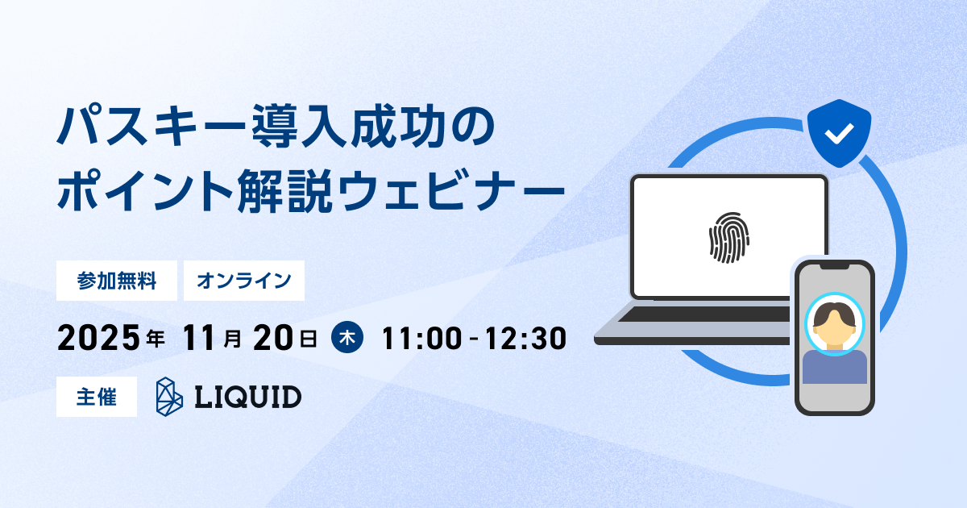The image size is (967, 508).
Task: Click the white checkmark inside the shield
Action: (839, 134)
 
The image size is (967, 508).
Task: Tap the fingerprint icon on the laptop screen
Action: (729, 238)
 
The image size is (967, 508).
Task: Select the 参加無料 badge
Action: (117, 281)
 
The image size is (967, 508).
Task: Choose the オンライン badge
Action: (244, 281)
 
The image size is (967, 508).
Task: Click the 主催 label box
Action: (97, 397)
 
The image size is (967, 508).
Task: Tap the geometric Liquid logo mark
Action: (169, 397)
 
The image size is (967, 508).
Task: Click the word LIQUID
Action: (248, 397)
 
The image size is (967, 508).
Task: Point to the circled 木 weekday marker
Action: (347, 337)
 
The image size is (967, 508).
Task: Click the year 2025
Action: (99, 338)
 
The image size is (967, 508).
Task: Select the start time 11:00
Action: (421, 338)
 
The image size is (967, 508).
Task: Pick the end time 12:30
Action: (525, 338)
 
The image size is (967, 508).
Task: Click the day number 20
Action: (273, 338)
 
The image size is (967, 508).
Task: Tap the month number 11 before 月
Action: (198, 338)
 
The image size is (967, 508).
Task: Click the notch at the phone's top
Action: (835, 265)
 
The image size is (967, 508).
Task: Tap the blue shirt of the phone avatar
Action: (835, 367)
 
